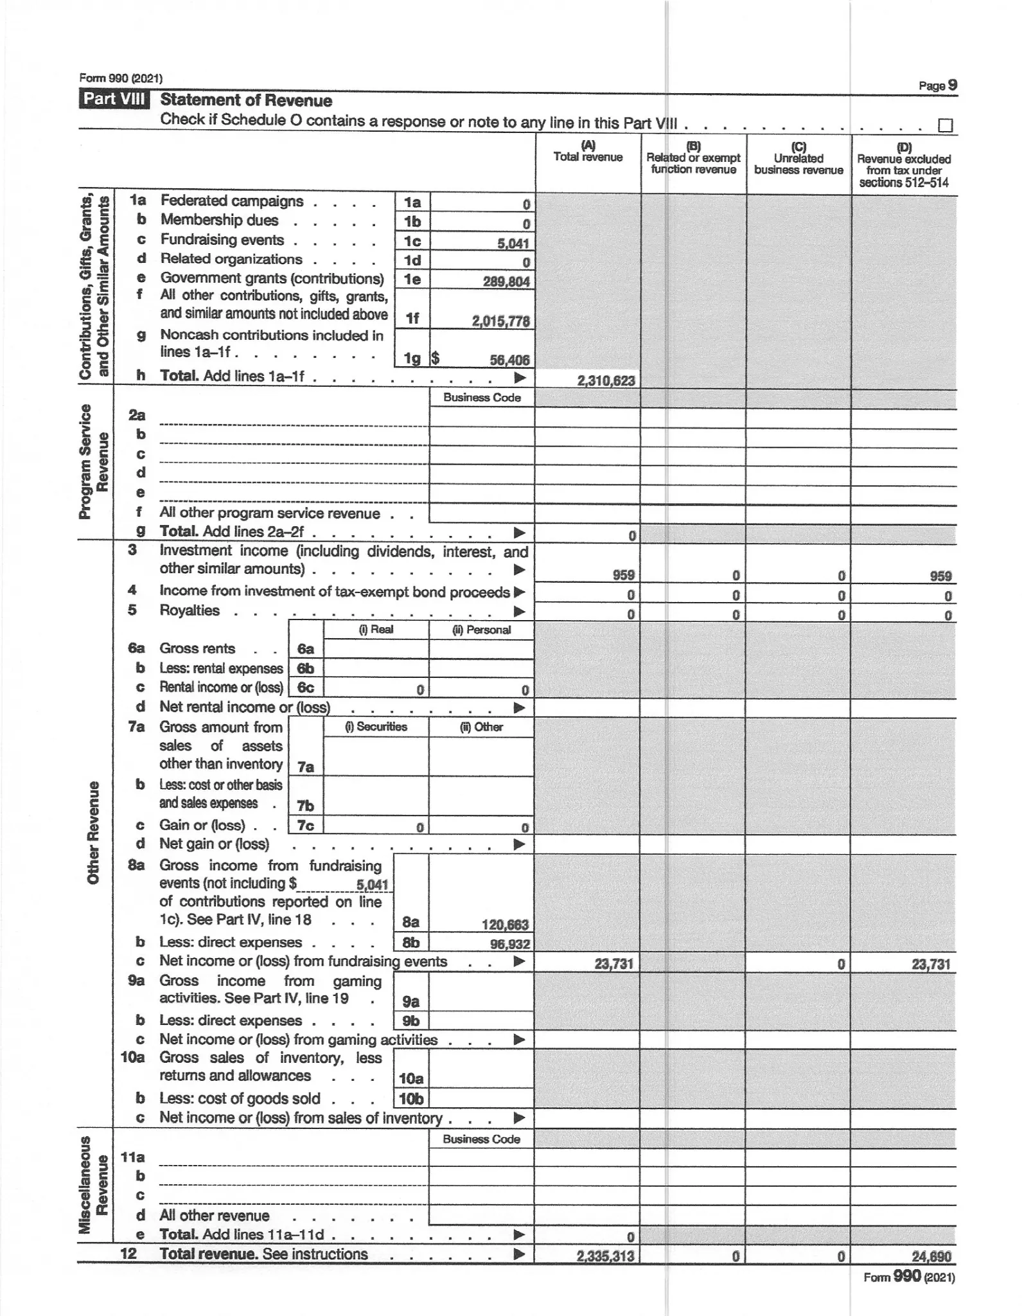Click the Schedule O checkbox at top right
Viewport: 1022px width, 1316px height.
945,125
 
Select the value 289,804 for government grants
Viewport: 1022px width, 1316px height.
506,281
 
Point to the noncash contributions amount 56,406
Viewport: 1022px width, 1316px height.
509,360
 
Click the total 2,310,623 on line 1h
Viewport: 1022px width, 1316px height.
606,380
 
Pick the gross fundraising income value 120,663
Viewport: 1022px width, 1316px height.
505,925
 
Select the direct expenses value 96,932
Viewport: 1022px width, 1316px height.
509,944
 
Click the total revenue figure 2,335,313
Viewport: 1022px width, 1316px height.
605,1256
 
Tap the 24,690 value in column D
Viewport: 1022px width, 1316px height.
931,1256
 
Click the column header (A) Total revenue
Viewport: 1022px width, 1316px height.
588,152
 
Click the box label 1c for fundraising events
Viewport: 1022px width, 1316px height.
412,241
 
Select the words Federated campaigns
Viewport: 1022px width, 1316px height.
231,201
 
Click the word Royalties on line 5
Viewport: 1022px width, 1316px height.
189,610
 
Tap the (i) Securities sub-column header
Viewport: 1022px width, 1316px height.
376,727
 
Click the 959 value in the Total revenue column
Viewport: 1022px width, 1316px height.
623,576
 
